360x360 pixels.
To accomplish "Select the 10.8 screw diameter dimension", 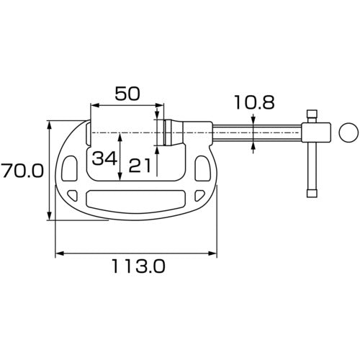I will (253, 104).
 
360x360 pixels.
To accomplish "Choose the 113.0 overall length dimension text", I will (137, 266).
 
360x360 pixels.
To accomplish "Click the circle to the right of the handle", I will (347, 132).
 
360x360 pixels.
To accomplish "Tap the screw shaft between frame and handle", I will (256, 133).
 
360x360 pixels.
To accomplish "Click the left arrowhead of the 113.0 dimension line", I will (58, 253).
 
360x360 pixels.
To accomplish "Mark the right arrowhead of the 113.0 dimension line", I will (212, 253).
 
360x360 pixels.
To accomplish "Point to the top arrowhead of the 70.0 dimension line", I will (50, 124).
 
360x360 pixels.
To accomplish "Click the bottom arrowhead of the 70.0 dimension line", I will (50, 217).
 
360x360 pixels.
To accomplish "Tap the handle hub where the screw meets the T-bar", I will (312, 133).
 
